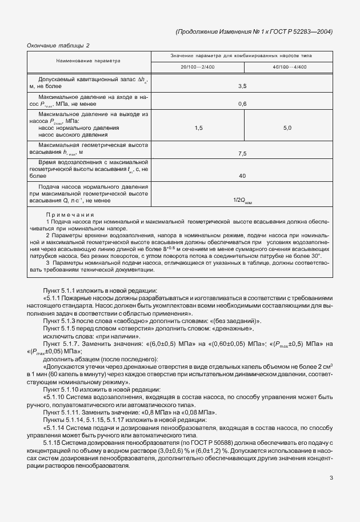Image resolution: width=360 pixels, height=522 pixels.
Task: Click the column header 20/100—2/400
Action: (198, 67)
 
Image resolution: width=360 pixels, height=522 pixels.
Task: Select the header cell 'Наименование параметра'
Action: (89, 60)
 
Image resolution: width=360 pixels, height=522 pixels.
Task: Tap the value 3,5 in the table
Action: (242, 86)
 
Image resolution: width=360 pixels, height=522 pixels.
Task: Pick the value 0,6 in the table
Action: (242, 104)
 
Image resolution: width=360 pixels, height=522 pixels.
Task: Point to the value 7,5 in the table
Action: (242, 153)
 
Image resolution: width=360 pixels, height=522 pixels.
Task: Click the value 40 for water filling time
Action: (242, 176)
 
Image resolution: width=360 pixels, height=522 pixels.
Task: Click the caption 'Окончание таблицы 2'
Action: (59, 45)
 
